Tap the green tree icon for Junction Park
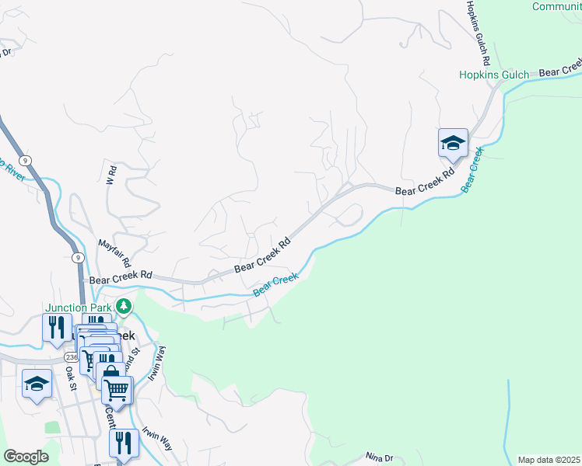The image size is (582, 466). (x=123, y=308)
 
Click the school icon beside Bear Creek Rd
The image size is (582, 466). (x=453, y=143)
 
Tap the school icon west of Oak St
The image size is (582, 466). (x=37, y=383)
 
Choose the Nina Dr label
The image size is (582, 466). (x=380, y=458)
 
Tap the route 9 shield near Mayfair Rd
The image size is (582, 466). (x=78, y=256)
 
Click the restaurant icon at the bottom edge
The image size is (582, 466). (x=123, y=443)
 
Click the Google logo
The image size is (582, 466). (x=26, y=457)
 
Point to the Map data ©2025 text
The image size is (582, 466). (x=549, y=460)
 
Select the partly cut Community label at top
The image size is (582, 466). (x=556, y=6)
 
